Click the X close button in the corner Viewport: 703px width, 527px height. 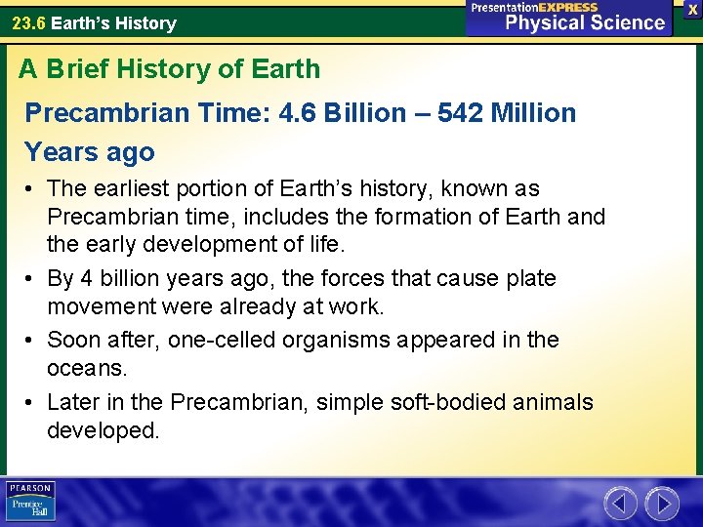(692, 9)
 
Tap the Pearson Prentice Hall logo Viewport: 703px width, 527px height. (30, 501)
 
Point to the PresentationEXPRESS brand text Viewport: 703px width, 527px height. (533, 7)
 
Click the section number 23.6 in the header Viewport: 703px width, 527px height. (28, 22)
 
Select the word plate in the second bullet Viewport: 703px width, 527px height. (532, 278)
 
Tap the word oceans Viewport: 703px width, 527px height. (86, 369)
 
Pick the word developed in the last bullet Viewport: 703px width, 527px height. (103, 430)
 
